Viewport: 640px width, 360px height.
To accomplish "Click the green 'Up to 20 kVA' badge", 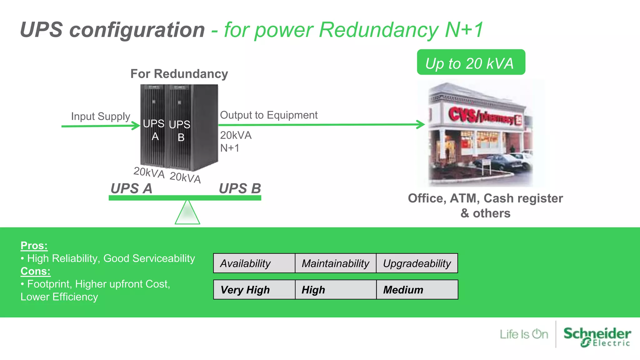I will [x=471, y=62].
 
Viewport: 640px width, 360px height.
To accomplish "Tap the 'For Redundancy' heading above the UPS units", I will [x=179, y=74].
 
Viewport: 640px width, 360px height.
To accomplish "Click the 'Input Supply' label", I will [x=100, y=116].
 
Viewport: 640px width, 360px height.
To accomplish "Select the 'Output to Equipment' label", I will [x=268, y=115].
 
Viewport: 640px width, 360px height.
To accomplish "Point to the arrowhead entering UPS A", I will [x=136, y=126].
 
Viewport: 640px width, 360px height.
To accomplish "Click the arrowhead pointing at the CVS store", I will [x=421, y=124].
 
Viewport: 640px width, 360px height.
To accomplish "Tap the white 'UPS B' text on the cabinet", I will [x=180, y=130].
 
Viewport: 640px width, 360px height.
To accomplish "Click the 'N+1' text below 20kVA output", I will [x=230, y=148].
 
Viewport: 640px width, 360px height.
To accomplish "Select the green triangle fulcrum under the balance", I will [x=187, y=213].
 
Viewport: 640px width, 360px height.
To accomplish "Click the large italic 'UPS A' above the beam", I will [x=131, y=188].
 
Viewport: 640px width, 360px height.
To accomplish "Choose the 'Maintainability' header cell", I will [x=335, y=263].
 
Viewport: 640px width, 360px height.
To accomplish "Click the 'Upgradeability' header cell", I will [x=417, y=263].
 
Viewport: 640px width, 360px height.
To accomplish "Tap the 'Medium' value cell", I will [x=417, y=290].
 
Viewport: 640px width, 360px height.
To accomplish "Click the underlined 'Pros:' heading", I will [x=34, y=246].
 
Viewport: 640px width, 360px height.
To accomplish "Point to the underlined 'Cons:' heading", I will [x=35, y=271].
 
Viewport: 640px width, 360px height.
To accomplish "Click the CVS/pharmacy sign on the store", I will [x=484, y=116].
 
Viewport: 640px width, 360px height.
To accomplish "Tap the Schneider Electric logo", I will [x=597, y=336].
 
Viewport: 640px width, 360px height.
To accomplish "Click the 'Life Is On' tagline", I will [x=524, y=334].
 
